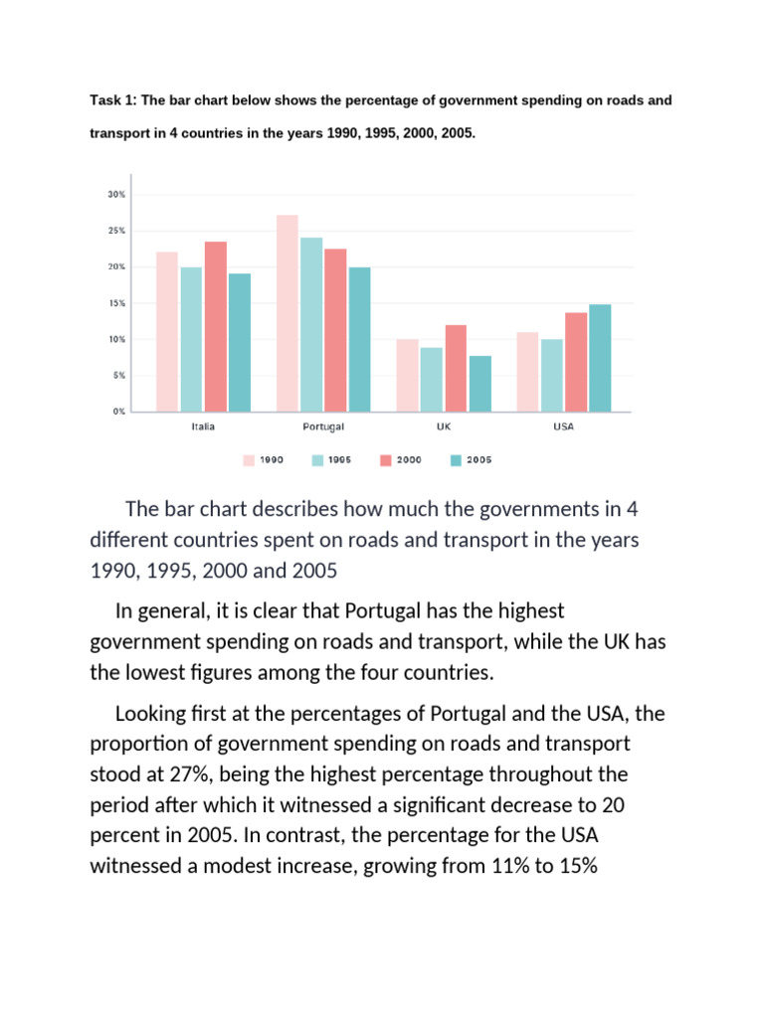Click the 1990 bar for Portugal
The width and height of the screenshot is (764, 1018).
click(x=286, y=313)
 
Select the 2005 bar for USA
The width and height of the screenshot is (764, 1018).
click(x=599, y=358)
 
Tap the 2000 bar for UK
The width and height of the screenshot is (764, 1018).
click(x=456, y=368)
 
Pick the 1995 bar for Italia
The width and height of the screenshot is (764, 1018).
click(x=191, y=339)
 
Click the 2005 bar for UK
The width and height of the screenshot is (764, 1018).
click(x=479, y=383)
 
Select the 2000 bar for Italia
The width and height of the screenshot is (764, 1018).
click(x=216, y=326)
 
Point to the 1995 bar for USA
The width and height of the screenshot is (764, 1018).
click(x=552, y=375)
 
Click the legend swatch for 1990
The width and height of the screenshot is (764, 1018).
click(x=248, y=460)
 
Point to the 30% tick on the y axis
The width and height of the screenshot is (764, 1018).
click(x=116, y=195)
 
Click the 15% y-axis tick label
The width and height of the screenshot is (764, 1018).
click(x=116, y=303)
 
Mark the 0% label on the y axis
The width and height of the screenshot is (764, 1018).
click(x=118, y=411)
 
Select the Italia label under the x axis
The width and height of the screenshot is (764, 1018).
click(x=203, y=426)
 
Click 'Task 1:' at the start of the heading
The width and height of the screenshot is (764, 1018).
click(x=113, y=100)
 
